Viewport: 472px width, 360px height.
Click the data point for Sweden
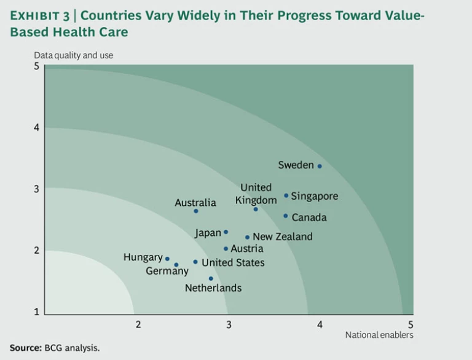[x=320, y=166]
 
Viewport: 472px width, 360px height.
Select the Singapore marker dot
[x=286, y=195]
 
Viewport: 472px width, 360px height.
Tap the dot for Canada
[x=285, y=216]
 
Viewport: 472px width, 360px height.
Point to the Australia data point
[x=196, y=211]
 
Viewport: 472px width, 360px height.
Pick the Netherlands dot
[x=211, y=278]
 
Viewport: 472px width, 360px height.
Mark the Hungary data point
[x=167, y=259]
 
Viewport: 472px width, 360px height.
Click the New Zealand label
[x=282, y=237]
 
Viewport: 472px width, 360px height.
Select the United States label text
[x=233, y=262]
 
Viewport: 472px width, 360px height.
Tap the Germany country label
[x=167, y=271]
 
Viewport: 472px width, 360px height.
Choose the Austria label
[x=247, y=249]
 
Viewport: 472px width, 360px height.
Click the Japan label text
[x=207, y=233]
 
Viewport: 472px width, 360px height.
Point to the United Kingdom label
[x=256, y=194]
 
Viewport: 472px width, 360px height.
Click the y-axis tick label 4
[x=36, y=128]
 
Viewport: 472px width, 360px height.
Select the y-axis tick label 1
[x=36, y=311]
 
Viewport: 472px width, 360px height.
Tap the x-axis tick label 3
[x=229, y=324]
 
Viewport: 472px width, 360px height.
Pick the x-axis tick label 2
[x=138, y=324]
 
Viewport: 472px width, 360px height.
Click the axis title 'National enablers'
[x=379, y=335]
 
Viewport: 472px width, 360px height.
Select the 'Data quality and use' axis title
[x=73, y=55]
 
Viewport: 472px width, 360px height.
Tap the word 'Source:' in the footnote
[x=25, y=348]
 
